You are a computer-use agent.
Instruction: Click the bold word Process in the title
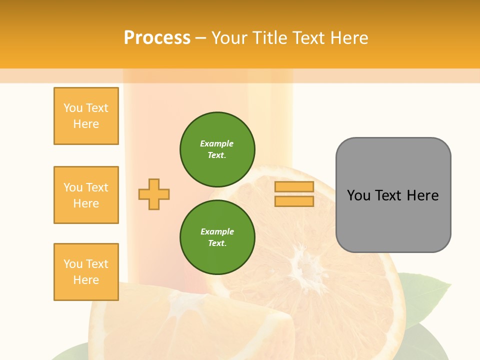tap(157, 37)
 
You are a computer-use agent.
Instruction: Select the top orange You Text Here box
tap(86, 116)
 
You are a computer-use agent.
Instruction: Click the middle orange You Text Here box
tap(86, 195)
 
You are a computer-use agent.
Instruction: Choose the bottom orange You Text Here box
tap(86, 272)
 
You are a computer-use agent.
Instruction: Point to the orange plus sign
tap(154, 194)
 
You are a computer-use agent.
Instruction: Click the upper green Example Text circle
tap(217, 149)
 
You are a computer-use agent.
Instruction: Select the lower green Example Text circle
tap(217, 237)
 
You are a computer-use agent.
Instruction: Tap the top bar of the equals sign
tap(294, 187)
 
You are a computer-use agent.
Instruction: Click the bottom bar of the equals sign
tap(294, 201)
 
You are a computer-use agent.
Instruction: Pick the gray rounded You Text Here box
tap(393, 220)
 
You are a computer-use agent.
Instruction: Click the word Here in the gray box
tap(422, 195)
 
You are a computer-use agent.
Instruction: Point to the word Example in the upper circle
tap(217, 143)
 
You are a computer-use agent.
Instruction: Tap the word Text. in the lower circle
tap(217, 243)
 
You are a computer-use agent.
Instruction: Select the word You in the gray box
tap(359, 195)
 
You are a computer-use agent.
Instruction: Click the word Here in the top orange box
tap(86, 124)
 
